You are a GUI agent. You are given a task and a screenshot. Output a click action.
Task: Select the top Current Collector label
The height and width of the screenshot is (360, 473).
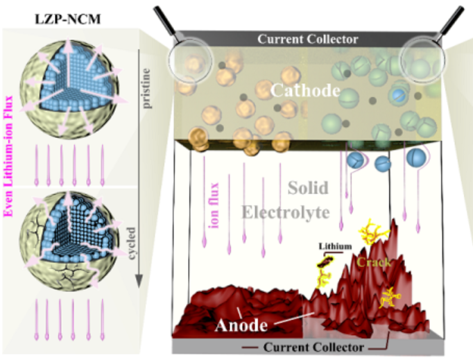pyautogui.click(x=307, y=40)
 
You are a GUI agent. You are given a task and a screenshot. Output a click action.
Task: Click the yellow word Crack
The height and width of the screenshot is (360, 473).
pyautogui.click(x=376, y=263)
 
